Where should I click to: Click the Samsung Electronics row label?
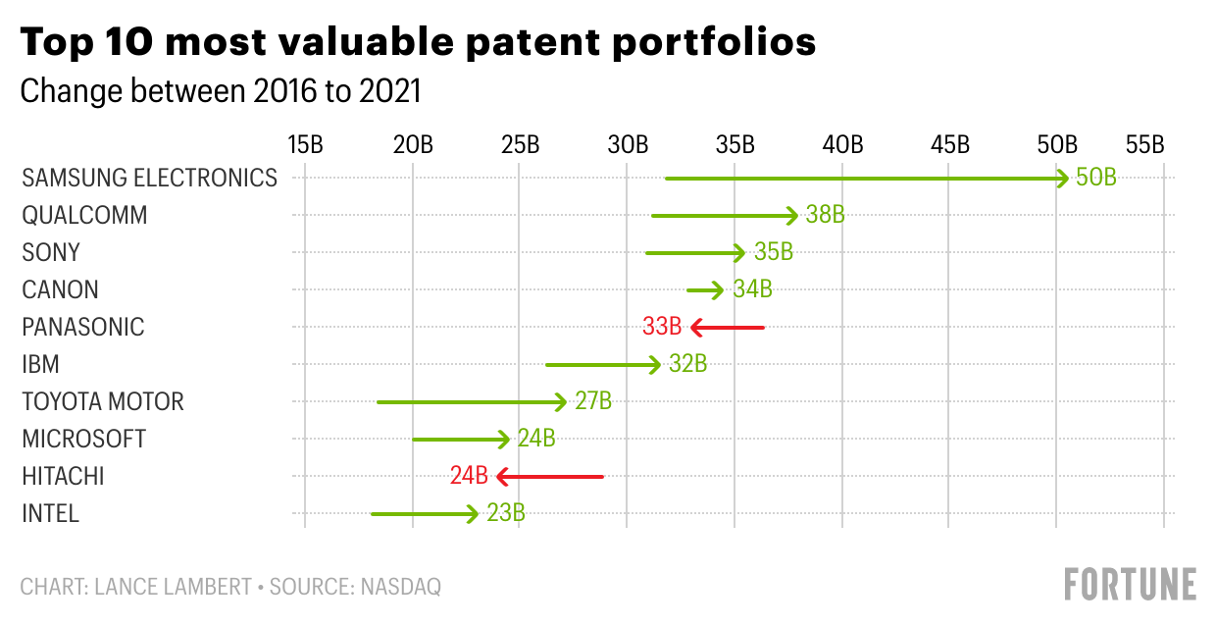coord(149,179)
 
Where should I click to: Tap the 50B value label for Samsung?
coord(1096,179)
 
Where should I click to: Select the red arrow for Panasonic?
coord(727,327)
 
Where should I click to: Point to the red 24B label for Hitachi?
coord(469,477)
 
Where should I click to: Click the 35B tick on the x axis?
coord(735,145)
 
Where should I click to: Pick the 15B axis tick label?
coord(305,145)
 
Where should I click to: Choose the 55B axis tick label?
coord(1144,145)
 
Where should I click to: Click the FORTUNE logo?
coord(1130,584)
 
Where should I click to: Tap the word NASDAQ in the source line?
coord(400,587)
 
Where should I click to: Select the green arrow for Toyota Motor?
coord(472,402)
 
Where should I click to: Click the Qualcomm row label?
coord(84,216)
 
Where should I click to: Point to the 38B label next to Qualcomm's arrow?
coord(825,216)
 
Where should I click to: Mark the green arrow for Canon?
coord(705,290)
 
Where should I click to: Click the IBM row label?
coord(40,365)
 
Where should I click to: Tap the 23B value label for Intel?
coord(506,514)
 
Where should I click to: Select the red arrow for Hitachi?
coord(550,477)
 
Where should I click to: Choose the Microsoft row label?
coord(83,440)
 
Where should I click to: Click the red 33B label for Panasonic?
coord(662,327)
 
